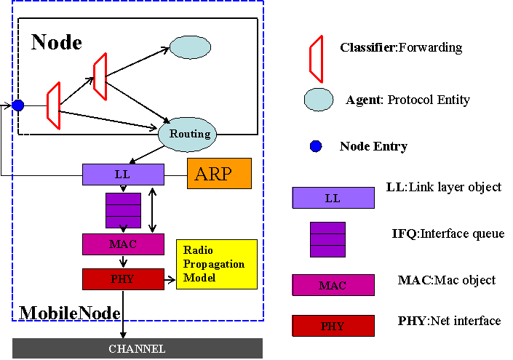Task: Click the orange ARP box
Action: click(x=219, y=173)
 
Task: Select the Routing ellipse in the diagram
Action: click(x=188, y=135)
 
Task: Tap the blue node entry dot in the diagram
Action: click(x=18, y=105)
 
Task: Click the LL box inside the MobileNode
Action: click(x=123, y=175)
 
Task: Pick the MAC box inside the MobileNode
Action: click(x=123, y=244)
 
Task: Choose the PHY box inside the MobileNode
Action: click(x=123, y=279)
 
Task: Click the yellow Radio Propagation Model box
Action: click(x=217, y=264)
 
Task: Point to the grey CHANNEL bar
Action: click(x=138, y=348)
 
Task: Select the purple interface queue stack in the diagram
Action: click(x=124, y=210)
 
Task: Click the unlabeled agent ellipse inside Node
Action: click(x=190, y=47)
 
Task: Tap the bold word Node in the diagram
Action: click(x=57, y=42)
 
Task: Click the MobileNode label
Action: click(x=70, y=313)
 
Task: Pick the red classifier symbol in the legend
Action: click(x=317, y=59)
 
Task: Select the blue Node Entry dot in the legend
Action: click(x=316, y=146)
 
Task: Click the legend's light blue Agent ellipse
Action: click(x=319, y=100)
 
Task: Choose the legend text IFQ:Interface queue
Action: click(x=448, y=233)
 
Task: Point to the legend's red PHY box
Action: click(x=333, y=326)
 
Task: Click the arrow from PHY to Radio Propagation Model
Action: click(x=170, y=280)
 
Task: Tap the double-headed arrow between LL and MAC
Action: click(x=152, y=210)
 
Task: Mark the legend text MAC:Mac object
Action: click(x=447, y=280)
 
